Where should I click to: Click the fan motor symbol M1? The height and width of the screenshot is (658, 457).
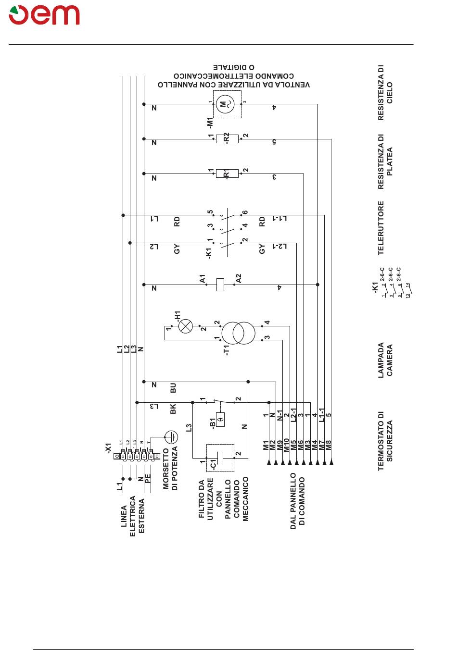[x=227, y=103]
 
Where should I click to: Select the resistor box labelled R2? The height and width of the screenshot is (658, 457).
[x=227, y=139]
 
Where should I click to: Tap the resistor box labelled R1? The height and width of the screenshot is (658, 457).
[x=227, y=174]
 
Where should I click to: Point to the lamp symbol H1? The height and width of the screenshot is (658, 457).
[x=185, y=327]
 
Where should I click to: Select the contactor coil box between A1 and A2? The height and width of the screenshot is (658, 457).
[x=221, y=285]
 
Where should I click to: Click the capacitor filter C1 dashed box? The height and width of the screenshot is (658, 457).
[x=220, y=458]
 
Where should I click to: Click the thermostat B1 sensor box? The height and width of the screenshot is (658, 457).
[x=221, y=419]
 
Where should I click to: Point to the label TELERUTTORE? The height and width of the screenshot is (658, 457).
[x=381, y=228]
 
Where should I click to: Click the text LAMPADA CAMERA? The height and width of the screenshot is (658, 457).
[x=385, y=360]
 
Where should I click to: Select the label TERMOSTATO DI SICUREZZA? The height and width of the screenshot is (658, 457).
[x=385, y=441]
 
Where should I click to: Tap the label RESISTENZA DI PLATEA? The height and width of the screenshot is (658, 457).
[x=385, y=161]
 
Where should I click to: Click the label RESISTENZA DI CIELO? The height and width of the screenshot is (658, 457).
[x=385, y=93]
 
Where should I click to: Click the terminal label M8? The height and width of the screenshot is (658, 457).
[x=329, y=445]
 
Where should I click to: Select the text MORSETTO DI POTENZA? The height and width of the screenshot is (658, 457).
[x=170, y=468]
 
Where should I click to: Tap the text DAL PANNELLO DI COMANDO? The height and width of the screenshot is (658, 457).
[x=298, y=501]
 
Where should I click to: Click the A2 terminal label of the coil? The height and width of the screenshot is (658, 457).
[x=239, y=278]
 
